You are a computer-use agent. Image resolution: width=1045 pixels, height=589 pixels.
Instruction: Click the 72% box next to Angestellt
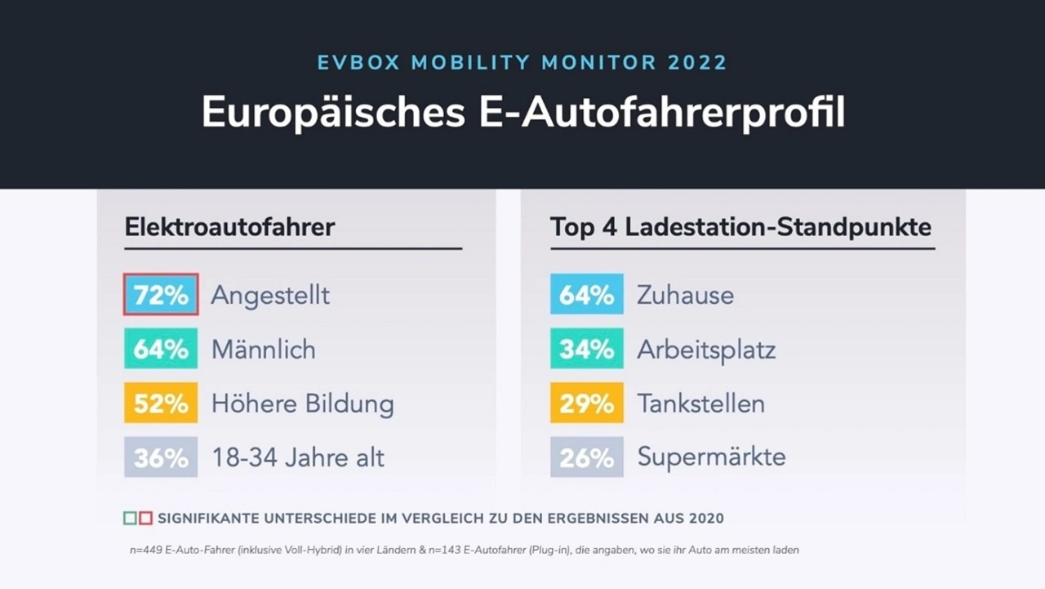[x=161, y=294]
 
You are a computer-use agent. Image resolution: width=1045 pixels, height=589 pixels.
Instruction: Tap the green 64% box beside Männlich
[x=161, y=349]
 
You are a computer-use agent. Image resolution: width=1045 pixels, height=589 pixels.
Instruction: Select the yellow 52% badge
[x=161, y=403]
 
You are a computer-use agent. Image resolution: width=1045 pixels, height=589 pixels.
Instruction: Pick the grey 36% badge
[x=161, y=457]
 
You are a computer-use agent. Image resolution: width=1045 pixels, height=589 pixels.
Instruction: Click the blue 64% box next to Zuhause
[x=586, y=294]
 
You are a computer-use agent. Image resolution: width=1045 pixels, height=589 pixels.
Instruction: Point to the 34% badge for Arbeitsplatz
[x=586, y=349]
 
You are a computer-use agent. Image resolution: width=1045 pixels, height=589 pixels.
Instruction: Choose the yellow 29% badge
[x=586, y=403]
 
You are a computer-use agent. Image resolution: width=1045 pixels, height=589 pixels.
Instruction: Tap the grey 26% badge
[x=586, y=457]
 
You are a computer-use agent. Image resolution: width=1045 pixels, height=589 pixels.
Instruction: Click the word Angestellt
[x=270, y=295]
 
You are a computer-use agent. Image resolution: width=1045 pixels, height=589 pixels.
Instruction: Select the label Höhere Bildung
[x=302, y=404]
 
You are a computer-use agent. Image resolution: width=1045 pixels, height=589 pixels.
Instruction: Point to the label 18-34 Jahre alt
[x=298, y=457]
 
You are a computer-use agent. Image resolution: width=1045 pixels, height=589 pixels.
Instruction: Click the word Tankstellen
[x=700, y=404]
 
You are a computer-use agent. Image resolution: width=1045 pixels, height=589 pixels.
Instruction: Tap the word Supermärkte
[x=711, y=457]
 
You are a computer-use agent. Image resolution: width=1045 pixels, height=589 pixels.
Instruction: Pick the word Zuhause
[x=685, y=295]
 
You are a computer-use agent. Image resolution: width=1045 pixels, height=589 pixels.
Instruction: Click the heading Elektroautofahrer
[x=229, y=226]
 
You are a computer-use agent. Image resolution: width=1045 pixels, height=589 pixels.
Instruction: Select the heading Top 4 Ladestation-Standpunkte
[x=740, y=226]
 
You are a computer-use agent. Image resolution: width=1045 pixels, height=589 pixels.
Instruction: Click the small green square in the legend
[x=130, y=518]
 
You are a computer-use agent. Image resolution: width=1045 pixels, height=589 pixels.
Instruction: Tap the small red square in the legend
[x=145, y=518]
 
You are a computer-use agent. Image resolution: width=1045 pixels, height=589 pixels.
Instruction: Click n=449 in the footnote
[x=146, y=550]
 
